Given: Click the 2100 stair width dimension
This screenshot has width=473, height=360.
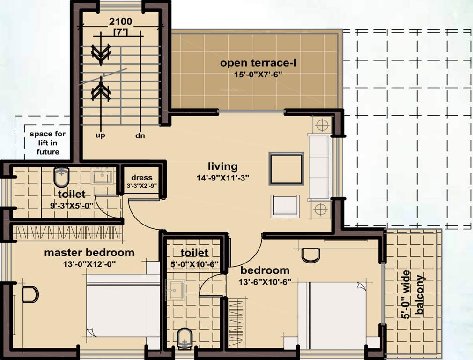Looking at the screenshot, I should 120,21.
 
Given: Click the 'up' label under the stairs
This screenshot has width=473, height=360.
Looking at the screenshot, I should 100,135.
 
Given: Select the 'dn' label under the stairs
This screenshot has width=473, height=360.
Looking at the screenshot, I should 140,135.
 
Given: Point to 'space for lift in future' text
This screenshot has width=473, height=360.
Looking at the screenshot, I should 48,142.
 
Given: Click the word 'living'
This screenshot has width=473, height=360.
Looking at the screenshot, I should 223,166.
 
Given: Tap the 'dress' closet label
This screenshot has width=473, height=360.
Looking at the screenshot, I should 142,178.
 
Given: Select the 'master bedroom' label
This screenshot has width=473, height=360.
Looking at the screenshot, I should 89,253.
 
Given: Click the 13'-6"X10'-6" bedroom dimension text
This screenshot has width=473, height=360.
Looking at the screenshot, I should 266,282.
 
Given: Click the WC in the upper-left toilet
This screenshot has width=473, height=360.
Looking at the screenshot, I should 61,177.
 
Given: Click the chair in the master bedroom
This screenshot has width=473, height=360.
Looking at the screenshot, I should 30,294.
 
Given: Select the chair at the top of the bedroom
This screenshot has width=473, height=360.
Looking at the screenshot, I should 310,255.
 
